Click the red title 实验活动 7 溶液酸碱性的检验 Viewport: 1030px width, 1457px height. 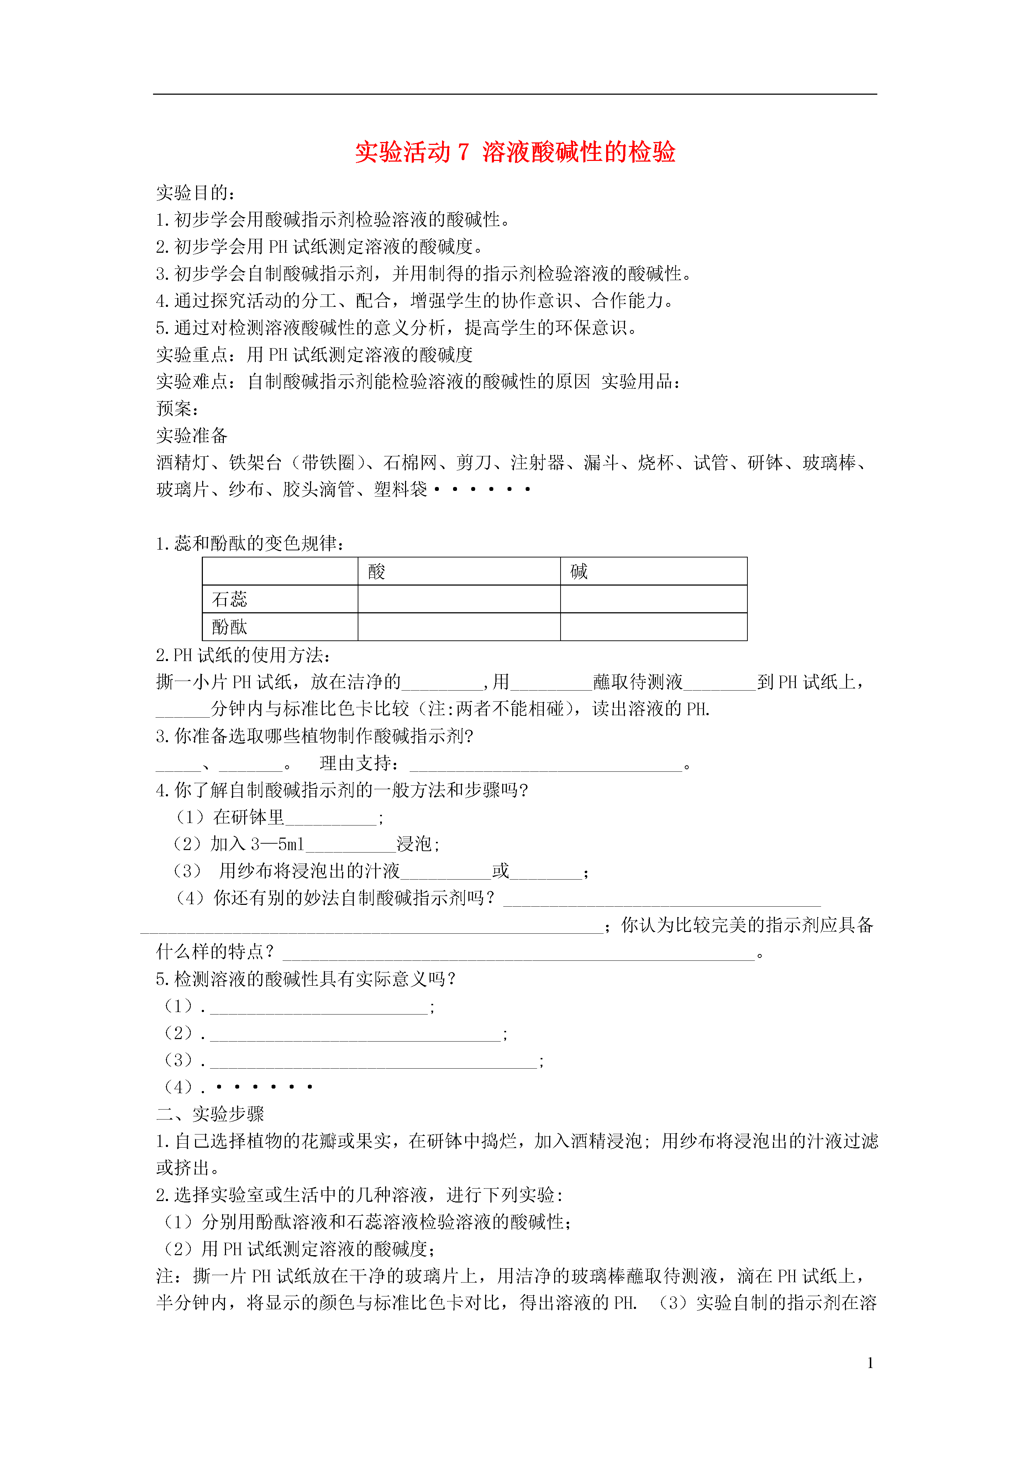(515, 152)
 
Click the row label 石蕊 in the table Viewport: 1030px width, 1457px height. (229, 599)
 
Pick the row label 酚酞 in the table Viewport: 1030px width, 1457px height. (229, 627)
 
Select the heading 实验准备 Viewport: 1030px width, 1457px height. (192, 435)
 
